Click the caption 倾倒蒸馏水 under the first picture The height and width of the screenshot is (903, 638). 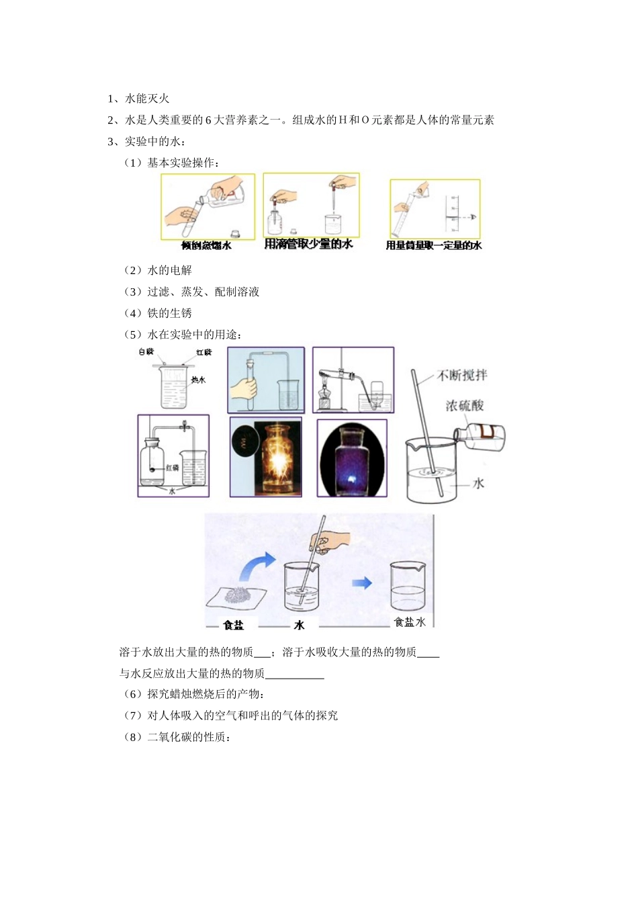click(x=206, y=246)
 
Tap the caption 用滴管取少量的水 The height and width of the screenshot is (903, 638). click(x=308, y=244)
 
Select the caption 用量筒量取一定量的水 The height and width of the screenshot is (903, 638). click(x=433, y=246)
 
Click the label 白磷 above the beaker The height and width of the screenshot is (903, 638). click(x=146, y=352)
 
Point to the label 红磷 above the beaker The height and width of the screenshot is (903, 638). click(x=204, y=353)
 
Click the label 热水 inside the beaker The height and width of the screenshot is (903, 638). click(x=198, y=380)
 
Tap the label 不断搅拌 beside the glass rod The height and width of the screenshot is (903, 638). click(x=462, y=376)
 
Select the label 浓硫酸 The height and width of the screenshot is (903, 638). click(x=464, y=406)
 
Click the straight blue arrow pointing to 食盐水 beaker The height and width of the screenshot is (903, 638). click(x=362, y=583)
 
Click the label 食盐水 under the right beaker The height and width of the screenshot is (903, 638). click(x=410, y=622)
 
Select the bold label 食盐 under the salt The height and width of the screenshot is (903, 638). click(x=234, y=626)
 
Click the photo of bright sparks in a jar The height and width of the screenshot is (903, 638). click(x=266, y=457)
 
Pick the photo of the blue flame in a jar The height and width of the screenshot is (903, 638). click(x=352, y=459)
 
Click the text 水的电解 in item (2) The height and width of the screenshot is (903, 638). click(x=169, y=270)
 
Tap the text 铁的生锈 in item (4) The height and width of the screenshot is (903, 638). click(x=169, y=313)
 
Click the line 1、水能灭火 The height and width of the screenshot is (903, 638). click(x=138, y=99)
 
